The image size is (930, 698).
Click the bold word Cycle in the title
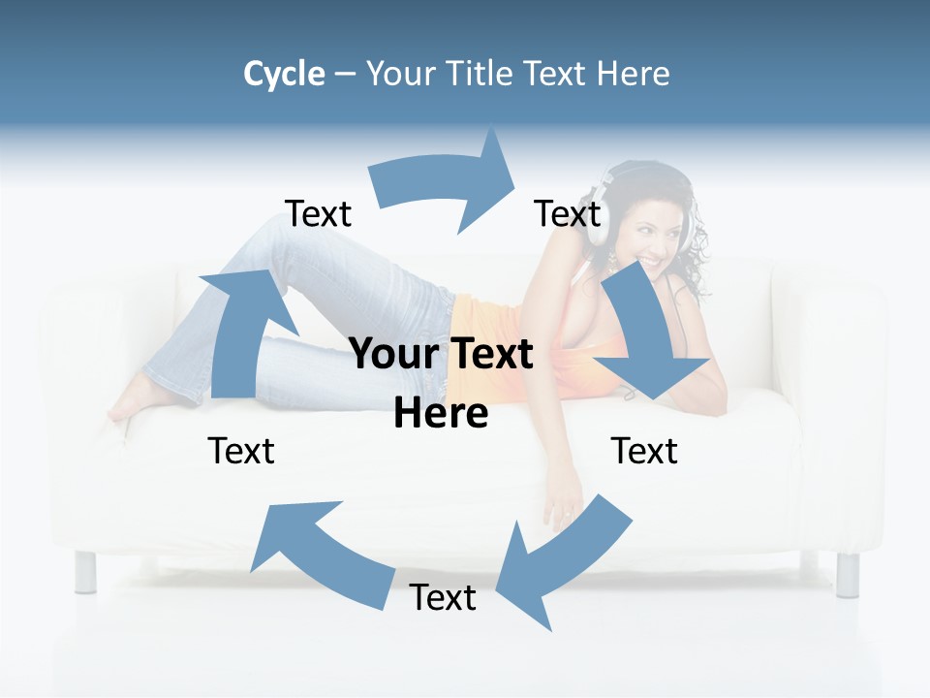coord(284,74)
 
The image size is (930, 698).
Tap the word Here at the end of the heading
coord(631,74)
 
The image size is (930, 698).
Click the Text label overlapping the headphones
coord(568,214)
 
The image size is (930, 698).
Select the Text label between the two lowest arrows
coord(443,598)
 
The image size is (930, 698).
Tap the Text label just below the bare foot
coord(241,451)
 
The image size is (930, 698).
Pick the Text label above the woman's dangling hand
coord(644,451)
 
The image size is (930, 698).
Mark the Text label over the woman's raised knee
coord(318,214)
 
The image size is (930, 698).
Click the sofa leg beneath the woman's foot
coord(86,572)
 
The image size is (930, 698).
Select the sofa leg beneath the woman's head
coord(848,573)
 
